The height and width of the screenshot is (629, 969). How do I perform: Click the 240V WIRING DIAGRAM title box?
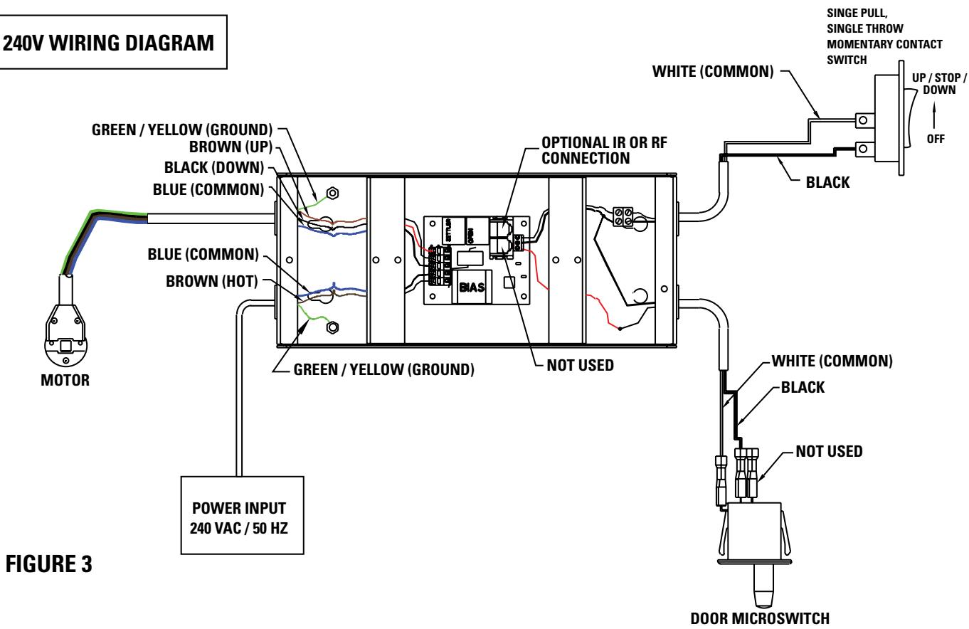pos(113,41)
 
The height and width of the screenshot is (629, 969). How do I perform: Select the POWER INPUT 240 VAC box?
pos(243,517)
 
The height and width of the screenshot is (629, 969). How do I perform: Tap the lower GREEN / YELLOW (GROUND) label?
pos(376,369)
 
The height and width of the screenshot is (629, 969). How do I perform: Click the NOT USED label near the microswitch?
pos(826,451)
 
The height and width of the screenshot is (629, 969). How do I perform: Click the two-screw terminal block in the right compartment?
pos(624,216)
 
